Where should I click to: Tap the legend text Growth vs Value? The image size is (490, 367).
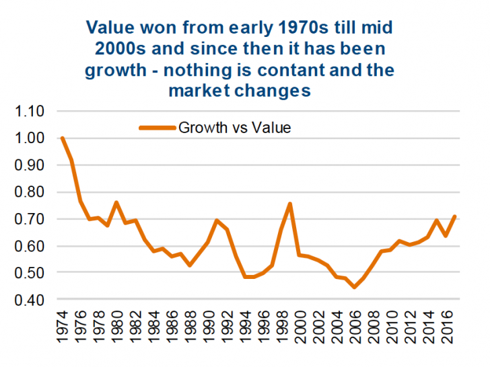point(234,128)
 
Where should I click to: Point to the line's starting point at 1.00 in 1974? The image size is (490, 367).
point(62,138)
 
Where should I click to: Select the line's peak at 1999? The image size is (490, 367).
point(290,203)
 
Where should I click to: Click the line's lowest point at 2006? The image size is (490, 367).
point(354,287)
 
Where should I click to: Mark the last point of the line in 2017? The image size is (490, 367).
point(455,216)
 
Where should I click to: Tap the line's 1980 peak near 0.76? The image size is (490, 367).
point(117,202)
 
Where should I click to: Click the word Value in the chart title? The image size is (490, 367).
point(110,28)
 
